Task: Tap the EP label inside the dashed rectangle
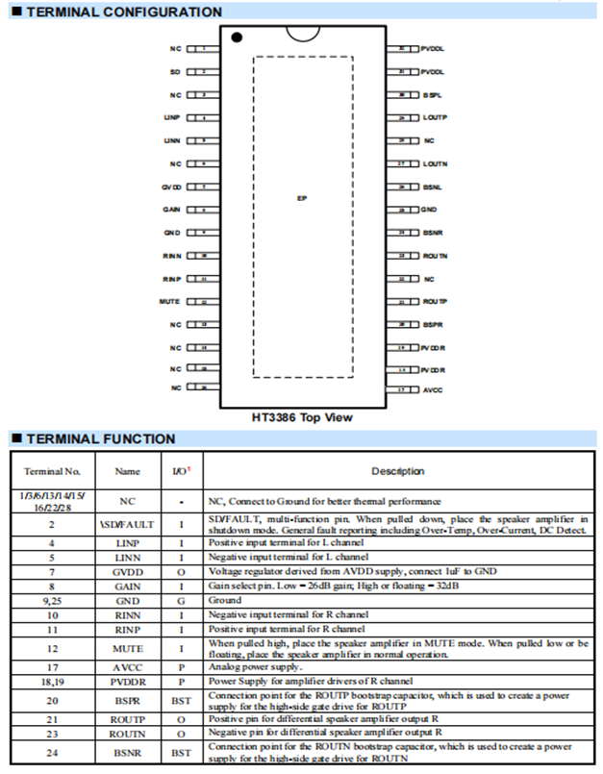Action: click(x=302, y=198)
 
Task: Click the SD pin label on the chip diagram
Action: click(x=175, y=72)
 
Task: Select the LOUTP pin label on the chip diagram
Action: click(x=435, y=117)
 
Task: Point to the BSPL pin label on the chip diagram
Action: click(x=433, y=95)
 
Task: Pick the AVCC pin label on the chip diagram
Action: click(x=433, y=390)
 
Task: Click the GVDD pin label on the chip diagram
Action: click(x=171, y=187)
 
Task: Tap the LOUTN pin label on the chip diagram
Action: click(x=435, y=163)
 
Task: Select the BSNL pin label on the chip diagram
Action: click(x=433, y=187)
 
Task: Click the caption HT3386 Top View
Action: click(x=301, y=417)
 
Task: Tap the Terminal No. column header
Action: click(x=52, y=471)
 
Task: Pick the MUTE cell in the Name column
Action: click(x=127, y=648)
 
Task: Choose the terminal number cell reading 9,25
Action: click(x=52, y=598)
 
